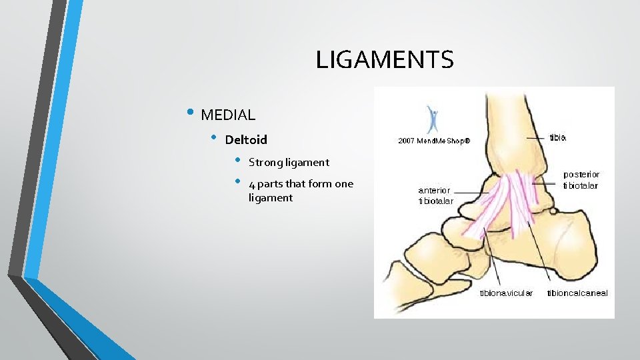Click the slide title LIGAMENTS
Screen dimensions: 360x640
point(385,60)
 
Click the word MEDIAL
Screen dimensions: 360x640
point(228,115)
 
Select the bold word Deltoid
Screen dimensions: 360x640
point(246,140)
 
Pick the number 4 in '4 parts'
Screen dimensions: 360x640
point(251,185)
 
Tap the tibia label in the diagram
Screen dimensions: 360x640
point(558,138)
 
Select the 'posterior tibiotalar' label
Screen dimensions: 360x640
point(581,180)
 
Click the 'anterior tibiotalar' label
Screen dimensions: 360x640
point(436,195)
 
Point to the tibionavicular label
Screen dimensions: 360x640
point(506,293)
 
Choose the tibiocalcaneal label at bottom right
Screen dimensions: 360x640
point(577,293)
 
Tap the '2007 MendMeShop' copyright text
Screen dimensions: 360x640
point(434,141)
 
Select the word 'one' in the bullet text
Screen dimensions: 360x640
point(344,185)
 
